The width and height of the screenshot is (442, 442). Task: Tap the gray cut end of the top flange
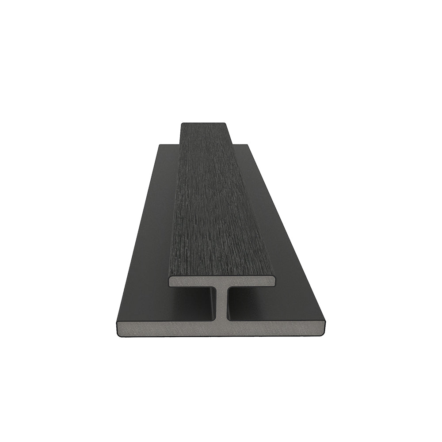pos(194,282)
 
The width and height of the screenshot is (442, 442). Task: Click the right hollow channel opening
pos(252,305)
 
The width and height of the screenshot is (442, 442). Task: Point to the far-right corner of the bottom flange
pos(248,145)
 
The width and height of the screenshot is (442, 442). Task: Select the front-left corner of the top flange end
pos(169,282)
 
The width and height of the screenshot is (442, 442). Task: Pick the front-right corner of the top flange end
pos(274,281)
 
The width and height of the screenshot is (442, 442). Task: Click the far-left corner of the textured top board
pos(182,124)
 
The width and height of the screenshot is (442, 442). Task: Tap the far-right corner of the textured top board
pos(225,124)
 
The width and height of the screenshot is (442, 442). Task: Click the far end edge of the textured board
pos(204,123)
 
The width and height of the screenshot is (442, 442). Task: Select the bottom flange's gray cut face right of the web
pos(278,328)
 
